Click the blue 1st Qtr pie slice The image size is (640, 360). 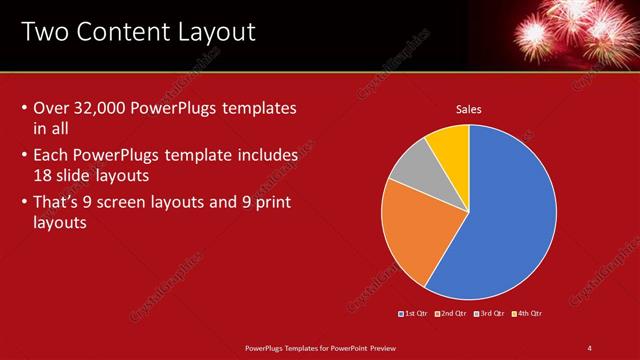point(500,220)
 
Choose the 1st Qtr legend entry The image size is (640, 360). point(414,314)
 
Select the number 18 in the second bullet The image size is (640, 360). point(44,174)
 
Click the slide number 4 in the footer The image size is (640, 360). point(589,347)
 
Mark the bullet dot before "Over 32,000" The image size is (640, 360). point(24,108)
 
